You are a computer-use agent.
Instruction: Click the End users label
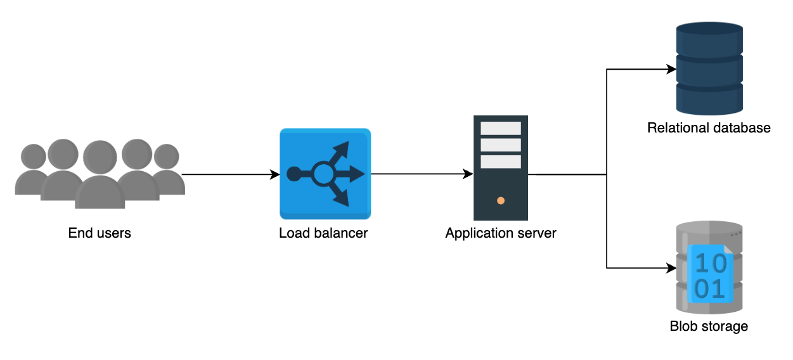(x=100, y=233)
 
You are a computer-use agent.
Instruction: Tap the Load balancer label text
(x=323, y=233)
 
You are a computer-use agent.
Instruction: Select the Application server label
(x=501, y=233)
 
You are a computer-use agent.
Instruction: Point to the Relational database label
(x=709, y=128)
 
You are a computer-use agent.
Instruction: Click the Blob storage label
(x=709, y=326)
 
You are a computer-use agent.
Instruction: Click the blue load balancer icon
(x=325, y=174)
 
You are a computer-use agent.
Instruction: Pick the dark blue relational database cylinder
(x=709, y=68)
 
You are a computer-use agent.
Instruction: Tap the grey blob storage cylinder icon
(x=709, y=267)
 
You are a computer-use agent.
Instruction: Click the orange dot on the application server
(x=501, y=201)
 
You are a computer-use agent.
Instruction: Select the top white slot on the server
(x=501, y=128)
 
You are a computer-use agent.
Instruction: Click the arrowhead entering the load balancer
(x=275, y=174)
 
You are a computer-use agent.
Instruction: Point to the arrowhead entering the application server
(x=468, y=174)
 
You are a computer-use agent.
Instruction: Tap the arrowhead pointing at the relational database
(x=671, y=69)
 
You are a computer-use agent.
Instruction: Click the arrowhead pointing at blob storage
(x=671, y=268)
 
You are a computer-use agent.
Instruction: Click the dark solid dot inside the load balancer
(x=294, y=174)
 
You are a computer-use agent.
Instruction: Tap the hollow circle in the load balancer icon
(x=323, y=174)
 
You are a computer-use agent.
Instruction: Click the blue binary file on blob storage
(x=710, y=274)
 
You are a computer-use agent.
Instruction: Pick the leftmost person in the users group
(x=32, y=169)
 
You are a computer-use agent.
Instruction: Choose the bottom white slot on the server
(x=501, y=162)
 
